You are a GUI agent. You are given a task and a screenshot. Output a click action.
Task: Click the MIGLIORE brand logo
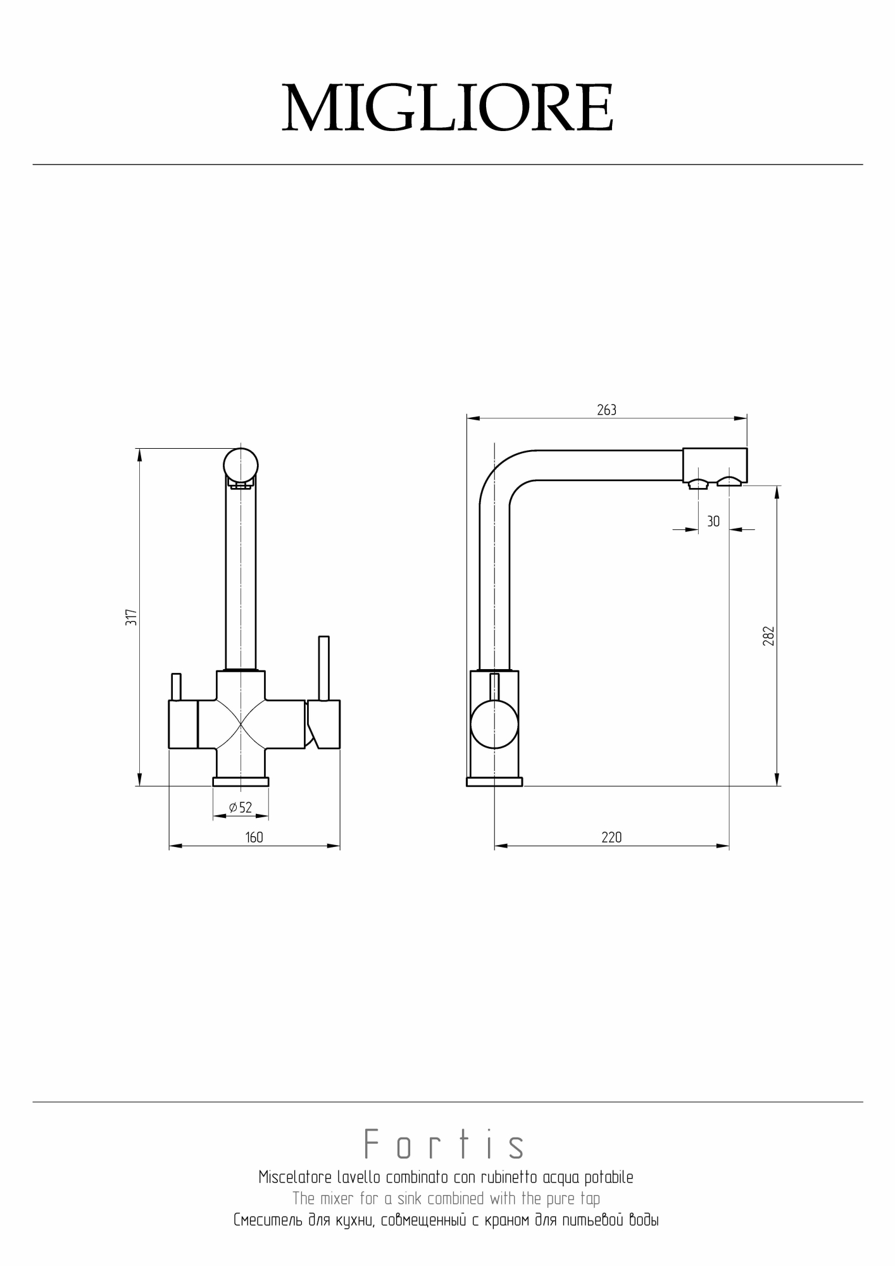pyautogui.click(x=447, y=108)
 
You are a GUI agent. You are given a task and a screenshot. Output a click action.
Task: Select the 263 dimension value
pyautogui.click(x=606, y=410)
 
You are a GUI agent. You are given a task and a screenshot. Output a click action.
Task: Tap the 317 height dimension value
pyautogui.click(x=131, y=618)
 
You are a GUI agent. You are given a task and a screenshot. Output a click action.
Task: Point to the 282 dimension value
pyautogui.click(x=768, y=636)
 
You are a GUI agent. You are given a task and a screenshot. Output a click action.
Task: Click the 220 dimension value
pyautogui.click(x=611, y=837)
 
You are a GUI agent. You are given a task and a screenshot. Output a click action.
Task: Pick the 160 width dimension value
pyautogui.click(x=254, y=837)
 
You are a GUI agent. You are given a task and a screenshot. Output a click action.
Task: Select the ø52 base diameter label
pyautogui.click(x=241, y=807)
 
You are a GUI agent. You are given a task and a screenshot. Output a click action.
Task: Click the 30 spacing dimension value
pyautogui.click(x=713, y=522)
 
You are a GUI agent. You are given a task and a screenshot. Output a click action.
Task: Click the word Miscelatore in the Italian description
pyautogui.click(x=295, y=1177)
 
